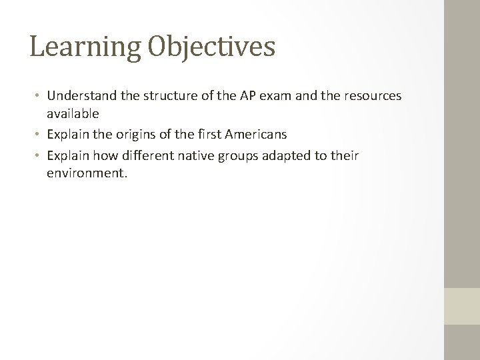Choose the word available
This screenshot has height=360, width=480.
click(73, 114)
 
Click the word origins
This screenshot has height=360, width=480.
click(141, 135)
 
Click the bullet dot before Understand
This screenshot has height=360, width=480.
click(39, 97)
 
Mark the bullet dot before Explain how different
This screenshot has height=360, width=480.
click(39, 156)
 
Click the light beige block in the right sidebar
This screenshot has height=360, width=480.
click(462, 305)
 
